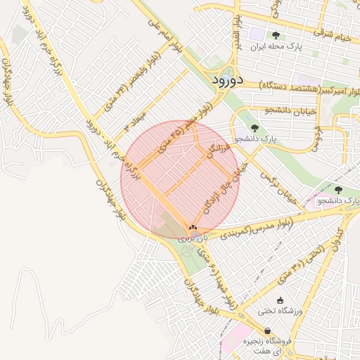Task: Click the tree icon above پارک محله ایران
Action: tap(275, 35)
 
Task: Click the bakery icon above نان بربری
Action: tap(193, 228)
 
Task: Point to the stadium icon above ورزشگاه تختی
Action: tap(280, 300)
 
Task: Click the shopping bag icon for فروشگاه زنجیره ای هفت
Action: tap(267, 330)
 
